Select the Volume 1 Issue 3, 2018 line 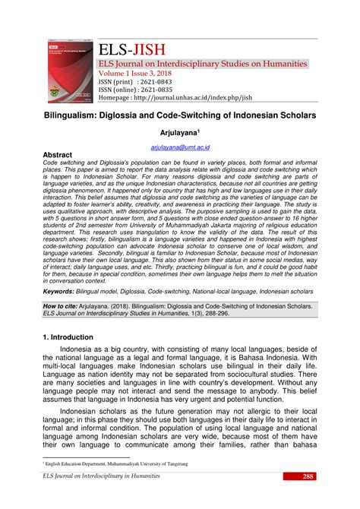[134, 73]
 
